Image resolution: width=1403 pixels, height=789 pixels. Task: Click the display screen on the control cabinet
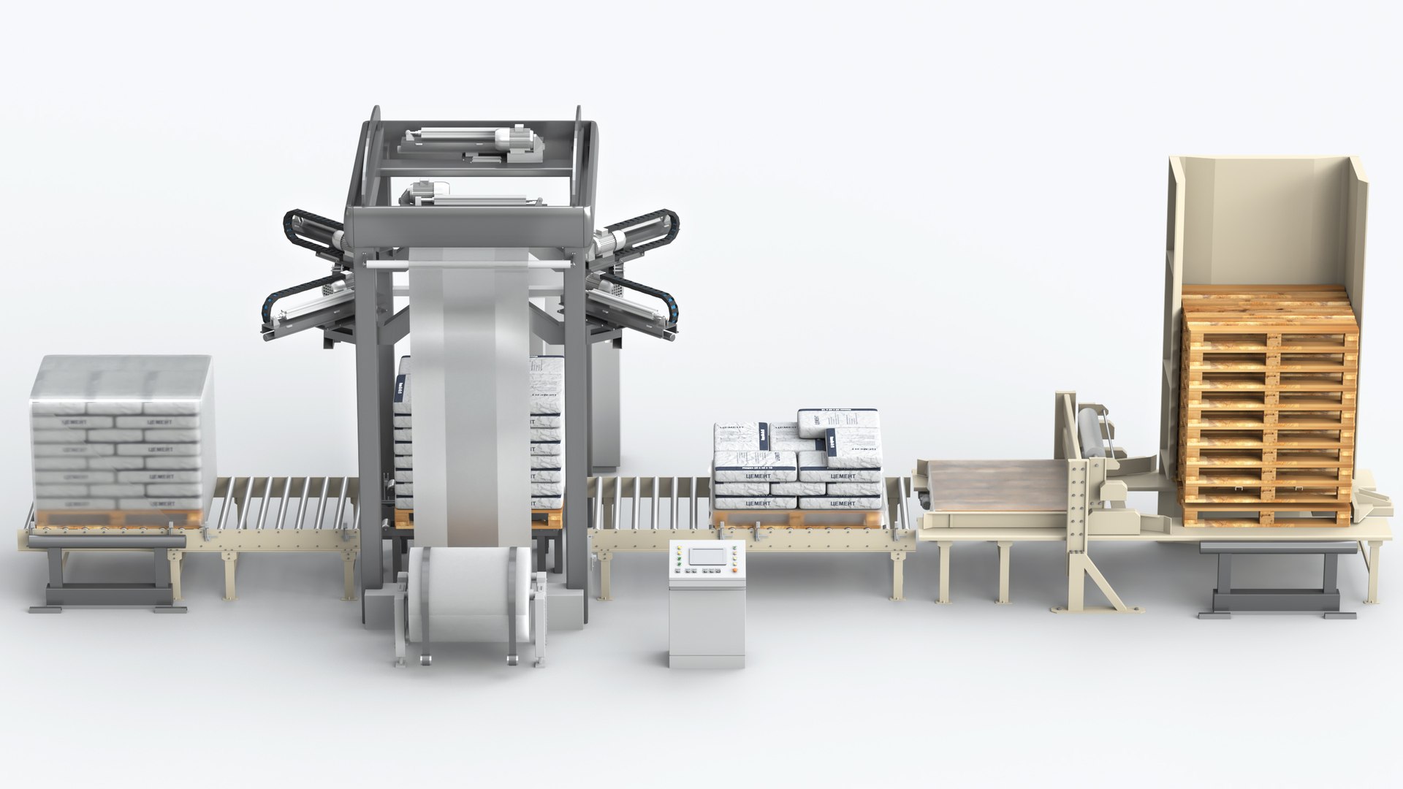pyautogui.click(x=707, y=556)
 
